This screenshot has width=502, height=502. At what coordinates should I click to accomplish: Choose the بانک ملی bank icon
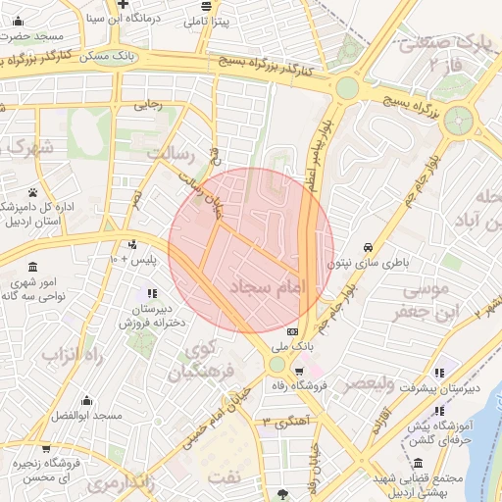coord(292,332)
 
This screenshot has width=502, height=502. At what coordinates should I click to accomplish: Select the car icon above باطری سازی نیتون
coord(367,246)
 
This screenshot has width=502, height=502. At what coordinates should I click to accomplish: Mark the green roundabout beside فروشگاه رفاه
coord(277,365)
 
